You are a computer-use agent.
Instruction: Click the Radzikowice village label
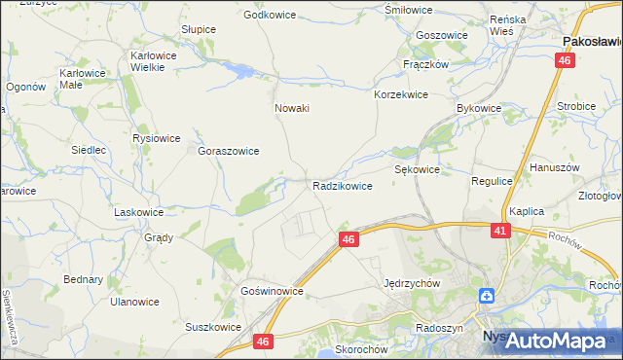tap(342, 185)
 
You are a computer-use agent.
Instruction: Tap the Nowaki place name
tap(292, 108)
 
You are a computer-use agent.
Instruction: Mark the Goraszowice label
tap(228, 152)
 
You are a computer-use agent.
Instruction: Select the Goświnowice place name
tap(273, 291)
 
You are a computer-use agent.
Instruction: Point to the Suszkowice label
tap(213, 327)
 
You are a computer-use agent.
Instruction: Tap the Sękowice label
tap(417, 169)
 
